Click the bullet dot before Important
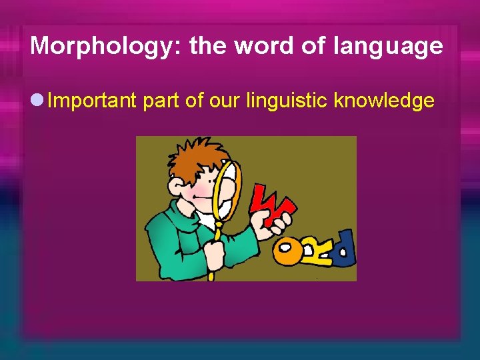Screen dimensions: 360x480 (37, 101)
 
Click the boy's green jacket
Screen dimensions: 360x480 (173, 240)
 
